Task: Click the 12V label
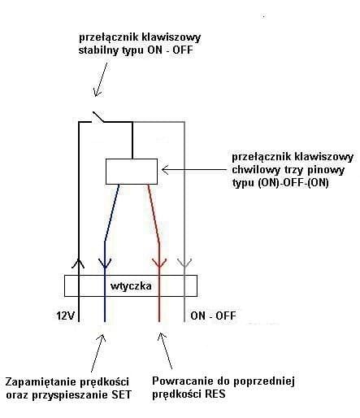coord(65,316)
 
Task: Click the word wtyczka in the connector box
coord(131,286)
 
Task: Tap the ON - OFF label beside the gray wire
coord(213,316)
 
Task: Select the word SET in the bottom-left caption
coord(121,394)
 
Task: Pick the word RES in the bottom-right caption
coord(215,394)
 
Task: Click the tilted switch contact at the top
coord(98,116)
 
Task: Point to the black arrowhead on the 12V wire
coord(78,263)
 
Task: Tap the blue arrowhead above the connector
coord(105,263)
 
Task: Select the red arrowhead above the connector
coord(159,263)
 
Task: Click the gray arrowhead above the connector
coord(184,263)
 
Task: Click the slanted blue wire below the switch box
coord(111,213)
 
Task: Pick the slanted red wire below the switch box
coord(154,214)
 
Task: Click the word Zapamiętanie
coord(41,382)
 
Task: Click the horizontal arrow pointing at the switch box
coord(194,170)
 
